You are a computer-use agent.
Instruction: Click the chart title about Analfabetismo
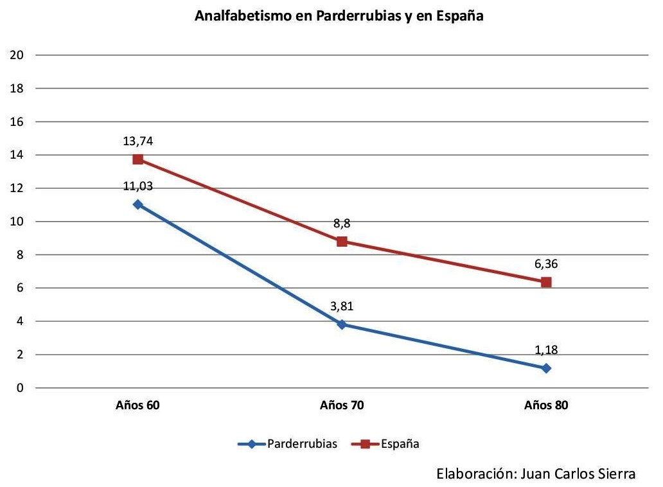pos(338,17)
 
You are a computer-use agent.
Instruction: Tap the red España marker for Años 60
pos(137,159)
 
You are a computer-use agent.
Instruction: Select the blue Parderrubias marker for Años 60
pos(137,204)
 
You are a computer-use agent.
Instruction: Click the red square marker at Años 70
pos(342,242)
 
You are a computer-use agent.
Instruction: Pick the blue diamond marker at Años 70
pos(342,324)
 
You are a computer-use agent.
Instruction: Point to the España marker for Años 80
pos(546,282)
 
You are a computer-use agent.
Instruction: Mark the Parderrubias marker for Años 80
pos(546,368)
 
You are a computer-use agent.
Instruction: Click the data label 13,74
pos(137,141)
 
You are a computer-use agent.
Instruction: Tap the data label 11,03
pos(137,186)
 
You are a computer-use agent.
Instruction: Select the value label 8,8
pos(342,224)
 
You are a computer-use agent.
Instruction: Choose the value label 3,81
pos(342,306)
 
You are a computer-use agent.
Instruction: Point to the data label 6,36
pos(546,264)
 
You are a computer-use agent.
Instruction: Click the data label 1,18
pos(546,350)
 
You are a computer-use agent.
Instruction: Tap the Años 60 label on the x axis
pos(137,405)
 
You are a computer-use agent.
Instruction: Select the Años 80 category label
pos(546,405)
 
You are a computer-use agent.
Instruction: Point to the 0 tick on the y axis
pos(21,388)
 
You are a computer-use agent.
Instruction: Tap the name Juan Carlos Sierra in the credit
pos(575,474)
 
